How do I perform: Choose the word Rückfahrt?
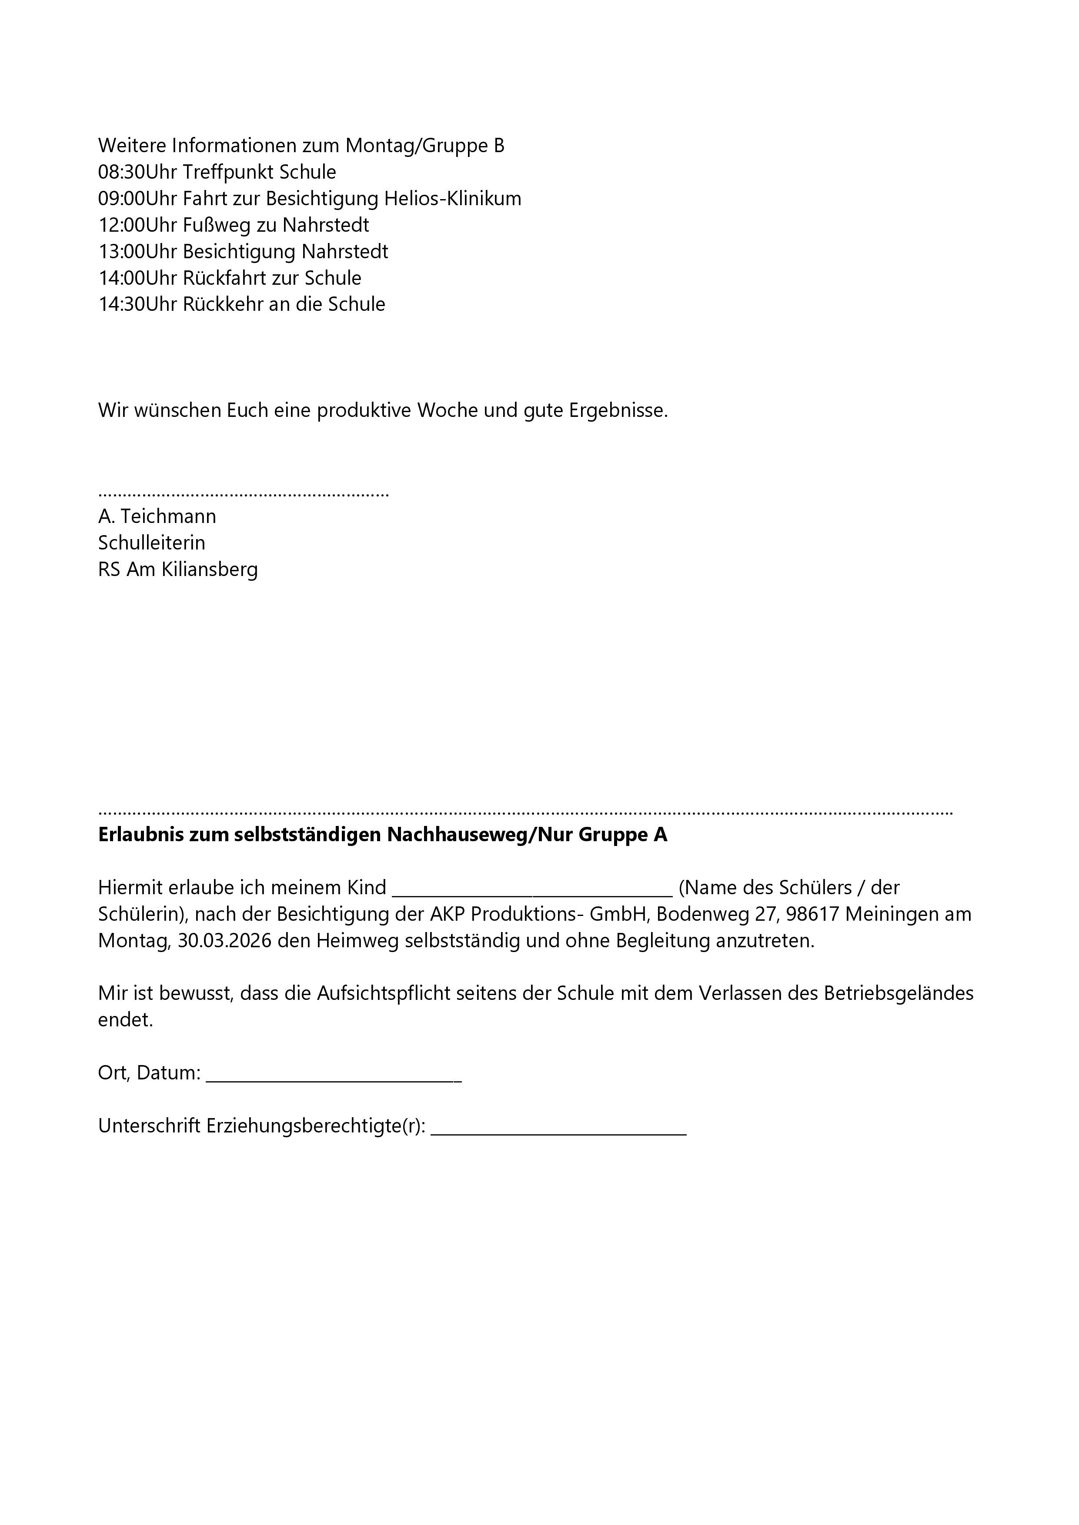click(x=226, y=278)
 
